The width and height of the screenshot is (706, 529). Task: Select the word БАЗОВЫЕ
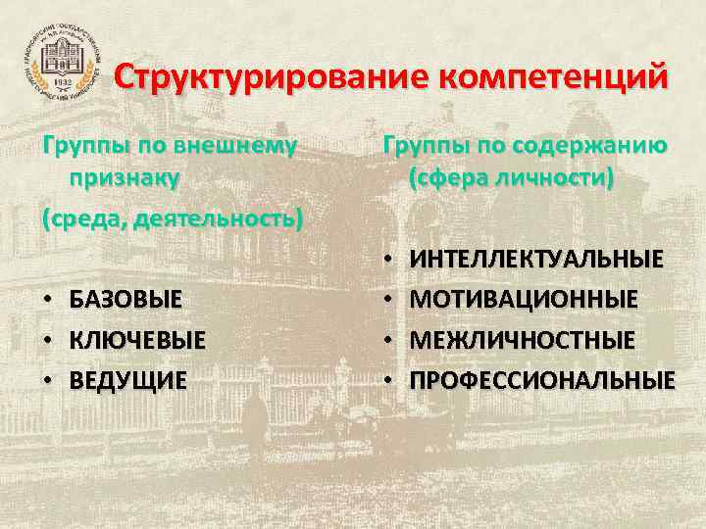(126, 299)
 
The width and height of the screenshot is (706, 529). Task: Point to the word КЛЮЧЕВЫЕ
(137, 340)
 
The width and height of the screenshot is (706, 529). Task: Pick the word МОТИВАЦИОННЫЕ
(524, 298)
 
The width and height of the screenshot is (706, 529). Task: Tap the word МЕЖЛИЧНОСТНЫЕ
(522, 339)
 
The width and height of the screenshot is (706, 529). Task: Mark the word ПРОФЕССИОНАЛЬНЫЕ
(542, 379)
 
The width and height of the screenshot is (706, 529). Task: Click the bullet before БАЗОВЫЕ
(48, 299)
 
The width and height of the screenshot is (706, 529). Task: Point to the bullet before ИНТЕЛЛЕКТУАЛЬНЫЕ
(389, 259)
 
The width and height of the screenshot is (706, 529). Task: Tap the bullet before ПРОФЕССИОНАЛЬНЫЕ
(389, 379)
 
